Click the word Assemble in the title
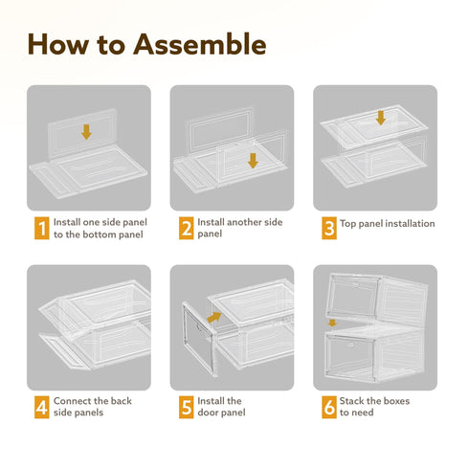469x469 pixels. coord(200,44)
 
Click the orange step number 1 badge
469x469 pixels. coord(42,228)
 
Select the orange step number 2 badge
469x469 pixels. coord(186,228)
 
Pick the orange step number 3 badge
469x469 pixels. coord(329,228)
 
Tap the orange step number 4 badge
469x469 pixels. coord(42,407)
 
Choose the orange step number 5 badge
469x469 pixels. coord(186,407)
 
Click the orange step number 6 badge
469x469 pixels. coord(329,407)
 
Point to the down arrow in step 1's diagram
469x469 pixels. coord(86,132)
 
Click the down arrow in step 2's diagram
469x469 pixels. coord(253,161)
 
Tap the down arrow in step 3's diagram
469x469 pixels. coord(381,118)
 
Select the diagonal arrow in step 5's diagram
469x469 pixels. coord(214,317)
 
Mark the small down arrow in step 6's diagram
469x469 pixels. coord(332,323)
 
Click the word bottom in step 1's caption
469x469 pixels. coord(100,234)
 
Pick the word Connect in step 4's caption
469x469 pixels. coord(72,401)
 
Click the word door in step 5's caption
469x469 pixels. coord(208,413)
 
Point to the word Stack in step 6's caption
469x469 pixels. coord(350,401)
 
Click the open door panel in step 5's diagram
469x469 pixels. coord(198,339)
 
